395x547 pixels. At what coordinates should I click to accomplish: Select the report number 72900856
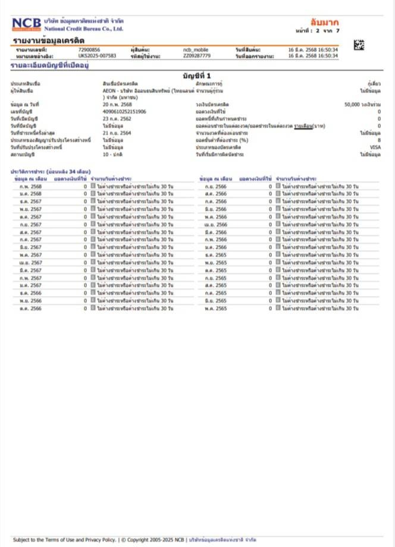pos(89,49)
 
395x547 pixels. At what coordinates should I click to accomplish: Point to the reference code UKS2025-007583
pos(97,55)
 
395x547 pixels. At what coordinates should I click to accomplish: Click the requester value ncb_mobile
pos(194,49)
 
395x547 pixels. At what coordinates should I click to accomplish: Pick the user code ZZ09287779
pos(196,55)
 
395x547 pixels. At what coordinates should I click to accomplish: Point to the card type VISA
pos(375,147)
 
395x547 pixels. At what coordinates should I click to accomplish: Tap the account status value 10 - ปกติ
pos(112,154)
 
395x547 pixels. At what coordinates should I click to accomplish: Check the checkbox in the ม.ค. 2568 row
pos(93,194)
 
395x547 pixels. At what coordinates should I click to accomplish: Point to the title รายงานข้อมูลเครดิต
pos(49,40)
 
